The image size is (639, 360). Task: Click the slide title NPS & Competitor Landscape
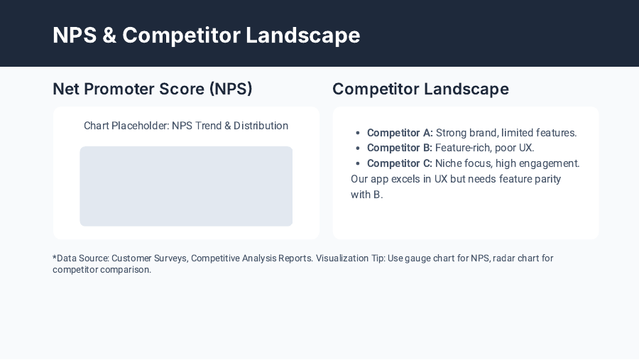[x=206, y=35]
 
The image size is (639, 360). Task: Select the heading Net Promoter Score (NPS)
[x=153, y=89]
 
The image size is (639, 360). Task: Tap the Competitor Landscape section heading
[x=420, y=89]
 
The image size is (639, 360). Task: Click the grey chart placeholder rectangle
[x=186, y=186]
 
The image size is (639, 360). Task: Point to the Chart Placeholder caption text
[x=186, y=126]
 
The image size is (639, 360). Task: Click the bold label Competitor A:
[x=400, y=133]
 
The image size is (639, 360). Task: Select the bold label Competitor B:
[x=400, y=148]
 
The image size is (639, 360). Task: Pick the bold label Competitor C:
[x=400, y=163]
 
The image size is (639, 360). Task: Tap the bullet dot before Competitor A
[x=358, y=133]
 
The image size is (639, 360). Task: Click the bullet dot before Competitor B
[x=358, y=148]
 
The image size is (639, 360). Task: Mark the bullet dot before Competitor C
[x=358, y=164]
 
